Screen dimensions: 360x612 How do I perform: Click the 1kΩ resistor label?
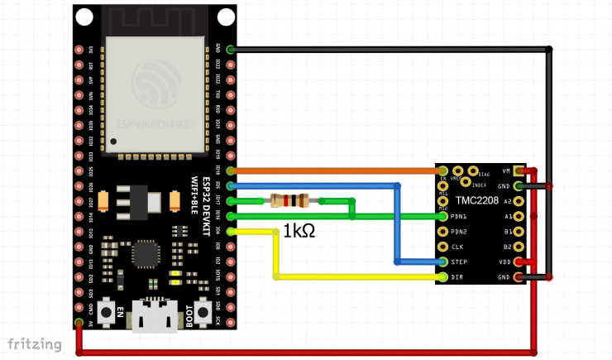tap(299, 231)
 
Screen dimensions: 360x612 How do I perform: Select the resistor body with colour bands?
tap(289, 200)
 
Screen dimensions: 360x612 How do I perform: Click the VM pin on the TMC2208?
tap(519, 171)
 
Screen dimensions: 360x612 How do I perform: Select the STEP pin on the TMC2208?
tap(443, 262)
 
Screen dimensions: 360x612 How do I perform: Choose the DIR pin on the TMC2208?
tap(443, 276)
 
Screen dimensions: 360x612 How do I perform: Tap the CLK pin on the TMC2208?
tap(443, 247)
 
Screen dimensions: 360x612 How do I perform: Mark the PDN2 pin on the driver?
tap(443, 232)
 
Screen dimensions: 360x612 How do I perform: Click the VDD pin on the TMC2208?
tap(519, 262)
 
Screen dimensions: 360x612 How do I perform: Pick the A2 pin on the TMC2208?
tap(519, 201)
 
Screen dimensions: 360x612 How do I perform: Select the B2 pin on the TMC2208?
tap(519, 247)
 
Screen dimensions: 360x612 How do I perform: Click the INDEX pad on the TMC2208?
tap(466, 182)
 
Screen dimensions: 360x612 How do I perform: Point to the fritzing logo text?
tap(35, 343)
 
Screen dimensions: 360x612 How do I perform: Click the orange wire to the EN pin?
tap(331, 170)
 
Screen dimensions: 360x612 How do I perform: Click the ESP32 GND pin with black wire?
tap(229, 50)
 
